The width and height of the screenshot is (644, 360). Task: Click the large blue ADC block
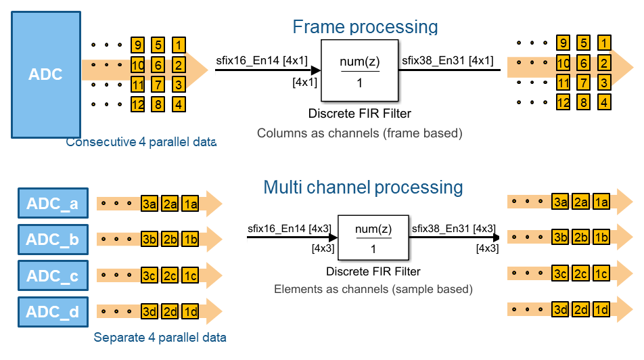click(45, 74)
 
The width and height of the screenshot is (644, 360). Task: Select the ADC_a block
click(52, 202)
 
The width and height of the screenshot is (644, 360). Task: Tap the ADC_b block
click(52, 239)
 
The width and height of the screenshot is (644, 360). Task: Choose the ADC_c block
click(52, 275)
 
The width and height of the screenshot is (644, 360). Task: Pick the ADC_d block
click(52, 312)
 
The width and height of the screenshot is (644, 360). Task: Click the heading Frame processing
click(365, 26)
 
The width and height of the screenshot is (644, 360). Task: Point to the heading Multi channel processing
click(363, 187)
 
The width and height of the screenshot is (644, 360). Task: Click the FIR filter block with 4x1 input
click(359, 70)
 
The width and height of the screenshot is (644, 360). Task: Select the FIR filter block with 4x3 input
click(373, 238)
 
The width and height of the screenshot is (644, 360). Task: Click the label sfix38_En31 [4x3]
click(453, 228)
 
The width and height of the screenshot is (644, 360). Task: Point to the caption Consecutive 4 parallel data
click(141, 142)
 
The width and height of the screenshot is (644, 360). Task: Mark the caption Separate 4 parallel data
click(160, 337)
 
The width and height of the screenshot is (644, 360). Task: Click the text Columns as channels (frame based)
click(359, 133)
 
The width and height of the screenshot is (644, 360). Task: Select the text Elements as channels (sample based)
click(373, 289)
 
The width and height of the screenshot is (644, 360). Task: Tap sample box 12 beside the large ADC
click(138, 104)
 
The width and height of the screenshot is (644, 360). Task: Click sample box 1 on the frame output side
click(604, 43)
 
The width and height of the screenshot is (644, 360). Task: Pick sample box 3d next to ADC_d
click(149, 312)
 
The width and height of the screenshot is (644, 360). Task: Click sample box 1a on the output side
click(601, 201)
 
